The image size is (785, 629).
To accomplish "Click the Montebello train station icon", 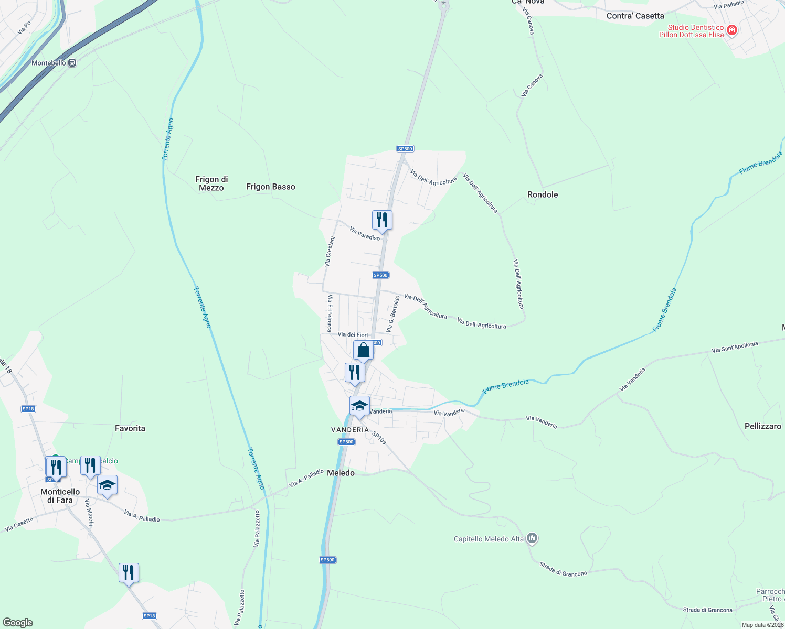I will coord(72,63).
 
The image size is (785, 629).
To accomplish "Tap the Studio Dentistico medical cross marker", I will coord(732,30).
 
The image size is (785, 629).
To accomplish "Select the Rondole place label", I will coord(543,194).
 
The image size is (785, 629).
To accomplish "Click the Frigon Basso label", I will coord(271,187).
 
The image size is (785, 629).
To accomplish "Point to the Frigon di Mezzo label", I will coord(211,183).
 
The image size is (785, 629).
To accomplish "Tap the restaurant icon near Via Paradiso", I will coord(382,220).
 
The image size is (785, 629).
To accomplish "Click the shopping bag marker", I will coord(363,350).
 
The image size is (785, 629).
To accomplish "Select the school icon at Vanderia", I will coord(359,406).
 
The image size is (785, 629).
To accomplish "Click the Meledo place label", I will coord(341,473).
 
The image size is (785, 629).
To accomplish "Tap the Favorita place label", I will coord(130,428).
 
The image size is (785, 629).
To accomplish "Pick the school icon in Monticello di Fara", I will coord(107,485).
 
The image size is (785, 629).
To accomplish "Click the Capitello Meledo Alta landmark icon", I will coord(532,538).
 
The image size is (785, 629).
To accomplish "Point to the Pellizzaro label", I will coord(763,426).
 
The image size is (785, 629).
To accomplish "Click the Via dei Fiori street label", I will coord(353,334).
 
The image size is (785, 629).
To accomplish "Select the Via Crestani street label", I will coord(330,252).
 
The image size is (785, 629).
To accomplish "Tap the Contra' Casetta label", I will coord(635,16).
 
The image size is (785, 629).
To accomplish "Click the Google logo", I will coord(18,623).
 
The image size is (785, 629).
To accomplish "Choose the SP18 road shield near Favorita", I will coord(28,409).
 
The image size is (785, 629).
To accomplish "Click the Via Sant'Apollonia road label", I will coord(735,347).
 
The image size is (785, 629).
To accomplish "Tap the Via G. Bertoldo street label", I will coord(393,313).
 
